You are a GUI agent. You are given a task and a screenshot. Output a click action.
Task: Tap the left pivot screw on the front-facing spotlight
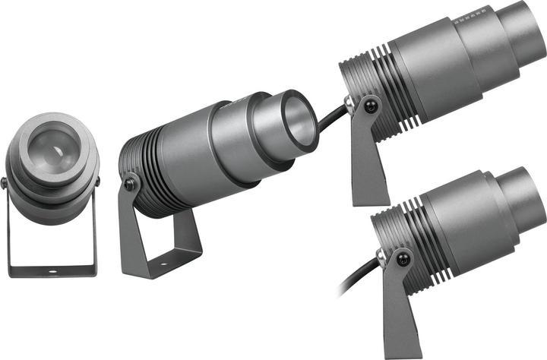(5, 182)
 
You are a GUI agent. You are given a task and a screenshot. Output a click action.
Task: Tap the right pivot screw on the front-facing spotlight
(98, 182)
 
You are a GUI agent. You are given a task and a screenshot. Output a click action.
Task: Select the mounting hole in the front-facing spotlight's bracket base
(52, 270)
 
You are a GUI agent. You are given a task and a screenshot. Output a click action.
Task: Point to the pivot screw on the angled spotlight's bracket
(130, 184)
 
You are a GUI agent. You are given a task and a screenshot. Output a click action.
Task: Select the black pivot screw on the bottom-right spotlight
(402, 260)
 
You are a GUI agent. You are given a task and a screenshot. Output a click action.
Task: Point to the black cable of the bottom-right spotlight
(357, 278)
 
